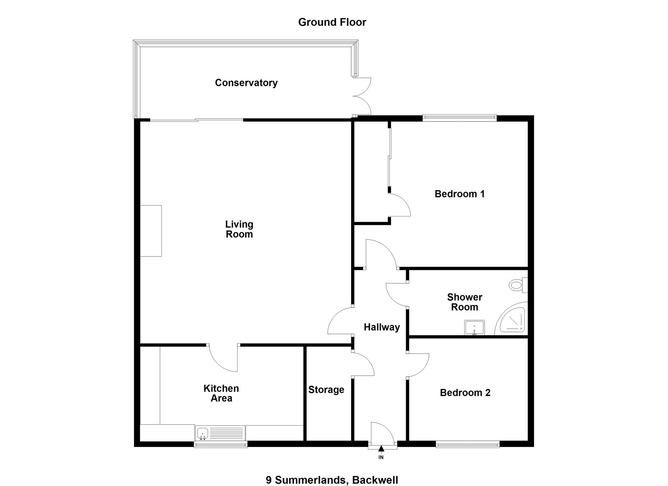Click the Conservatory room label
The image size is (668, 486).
pos(246,83)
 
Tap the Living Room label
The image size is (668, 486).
pos(239,229)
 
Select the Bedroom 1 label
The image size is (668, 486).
pos(460,194)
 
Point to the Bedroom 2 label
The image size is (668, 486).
pos(465,392)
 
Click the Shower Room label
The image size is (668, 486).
pos(465,302)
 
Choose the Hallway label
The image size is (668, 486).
pos(382,327)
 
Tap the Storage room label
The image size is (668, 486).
pos(326,390)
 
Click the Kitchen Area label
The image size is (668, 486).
pos(221,393)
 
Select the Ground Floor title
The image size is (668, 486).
pos(332,22)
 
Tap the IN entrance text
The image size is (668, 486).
pos(381,457)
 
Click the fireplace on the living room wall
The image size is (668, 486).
pos(151,231)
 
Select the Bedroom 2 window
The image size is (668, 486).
pos(468,444)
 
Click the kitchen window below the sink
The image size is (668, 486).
pos(221,444)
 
